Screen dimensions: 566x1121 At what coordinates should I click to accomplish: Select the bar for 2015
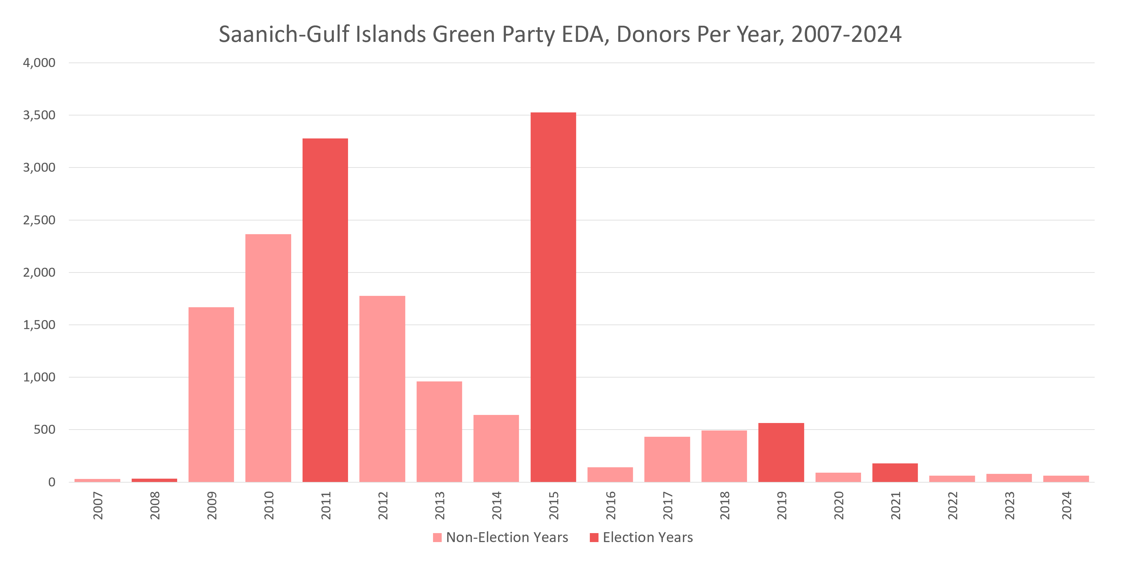coord(553,297)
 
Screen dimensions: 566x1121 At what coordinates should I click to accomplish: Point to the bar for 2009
coord(211,394)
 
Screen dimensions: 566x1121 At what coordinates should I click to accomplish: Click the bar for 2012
coord(382,389)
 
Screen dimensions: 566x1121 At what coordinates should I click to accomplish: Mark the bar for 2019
coord(781,452)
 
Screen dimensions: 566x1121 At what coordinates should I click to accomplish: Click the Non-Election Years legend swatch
coord(437,537)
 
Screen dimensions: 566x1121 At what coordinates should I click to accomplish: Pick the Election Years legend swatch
coord(594,537)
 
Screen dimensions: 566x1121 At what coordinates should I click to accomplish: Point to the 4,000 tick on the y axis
coord(39,63)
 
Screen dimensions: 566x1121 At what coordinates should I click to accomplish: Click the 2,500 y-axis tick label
coord(39,220)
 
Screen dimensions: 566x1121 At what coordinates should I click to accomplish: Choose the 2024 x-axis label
coord(1067,506)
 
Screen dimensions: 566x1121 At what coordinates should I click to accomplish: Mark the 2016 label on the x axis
coord(610,506)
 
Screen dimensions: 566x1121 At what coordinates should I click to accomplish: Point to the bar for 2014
coord(496,448)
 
